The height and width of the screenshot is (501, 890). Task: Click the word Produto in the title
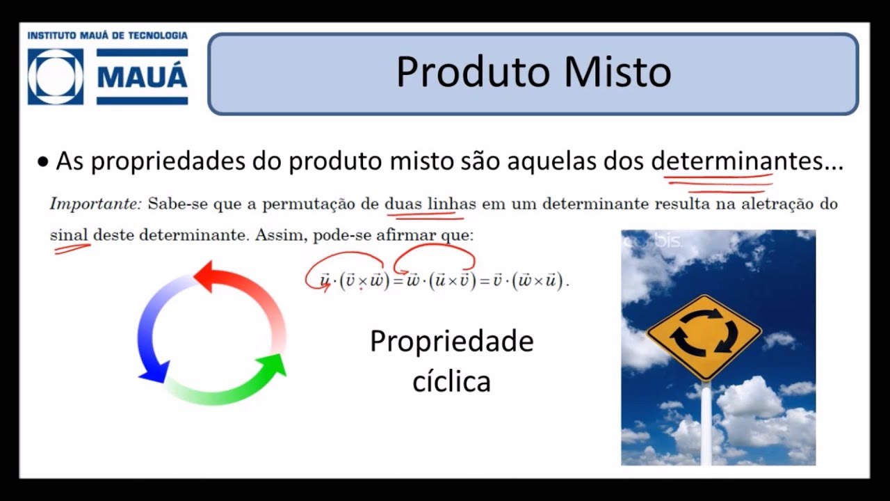[473, 72]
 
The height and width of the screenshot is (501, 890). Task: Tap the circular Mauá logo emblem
[56, 77]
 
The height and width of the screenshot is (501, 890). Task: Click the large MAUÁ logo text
[143, 77]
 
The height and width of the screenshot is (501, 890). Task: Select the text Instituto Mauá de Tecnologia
[107, 35]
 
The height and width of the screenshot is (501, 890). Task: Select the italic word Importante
[95, 205]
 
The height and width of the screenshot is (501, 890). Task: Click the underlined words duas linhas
[430, 205]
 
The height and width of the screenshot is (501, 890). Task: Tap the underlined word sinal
[70, 235]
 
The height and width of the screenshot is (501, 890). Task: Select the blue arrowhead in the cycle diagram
[154, 372]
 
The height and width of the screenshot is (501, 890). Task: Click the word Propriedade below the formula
[451, 342]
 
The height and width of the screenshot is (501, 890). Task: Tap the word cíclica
[451, 381]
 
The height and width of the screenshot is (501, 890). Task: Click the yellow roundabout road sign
[704, 337]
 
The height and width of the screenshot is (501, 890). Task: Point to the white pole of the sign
[706, 424]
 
